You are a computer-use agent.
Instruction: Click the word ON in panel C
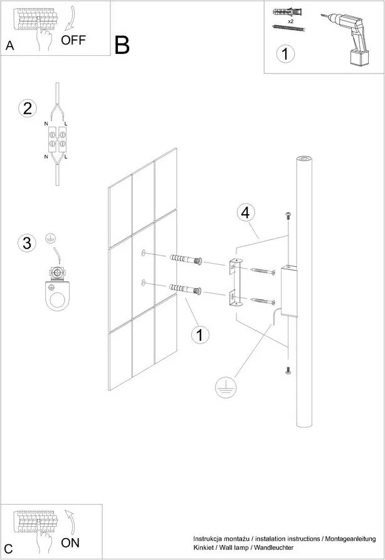pyautogui.click(x=70, y=543)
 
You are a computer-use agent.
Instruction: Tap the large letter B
pyautogui.click(x=122, y=45)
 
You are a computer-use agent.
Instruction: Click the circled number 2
pyautogui.click(x=26, y=108)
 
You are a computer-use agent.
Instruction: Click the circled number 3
pyautogui.click(x=26, y=243)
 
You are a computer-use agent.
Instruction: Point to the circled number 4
pyautogui.click(x=246, y=213)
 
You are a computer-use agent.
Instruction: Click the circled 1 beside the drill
pyautogui.click(x=285, y=54)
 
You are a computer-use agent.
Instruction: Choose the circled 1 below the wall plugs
pyautogui.click(x=199, y=335)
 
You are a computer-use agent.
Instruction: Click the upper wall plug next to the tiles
pyautogui.click(x=186, y=259)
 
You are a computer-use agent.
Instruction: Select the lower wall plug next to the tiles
pyautogui.click(x=186, y=289)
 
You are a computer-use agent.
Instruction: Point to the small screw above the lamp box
pyautogui.click(x=288, y=217)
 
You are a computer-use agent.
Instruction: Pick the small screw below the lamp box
pyautogui.click(x=288, y=371)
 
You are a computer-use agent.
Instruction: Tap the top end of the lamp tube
pyautogui.click(x=304, y=159)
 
